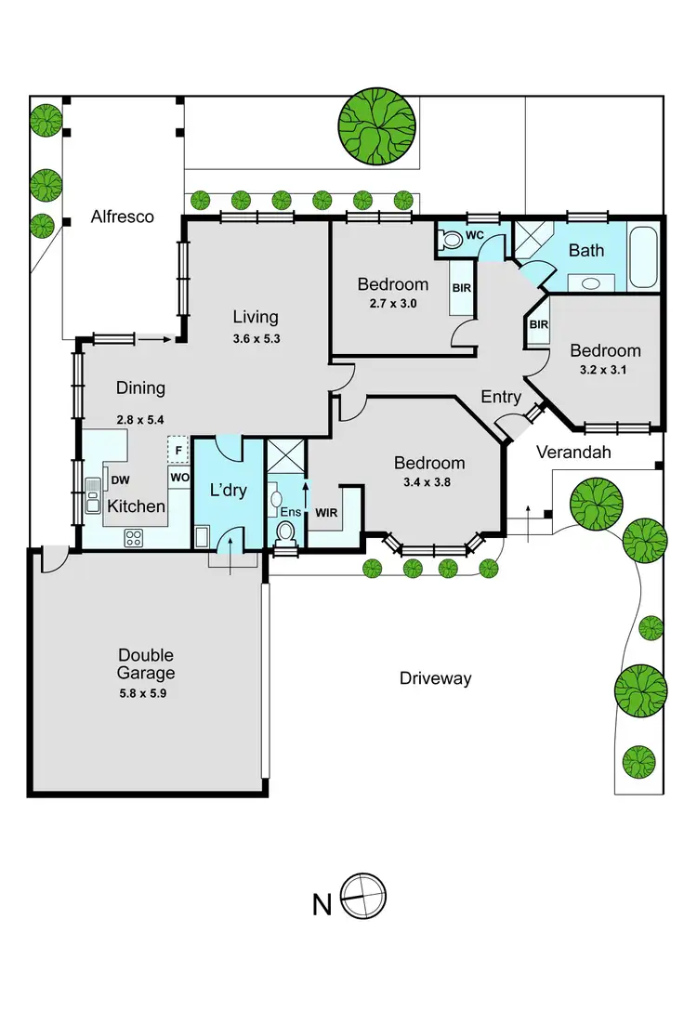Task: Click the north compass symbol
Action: coord(363,899)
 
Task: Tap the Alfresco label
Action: coord(122,217)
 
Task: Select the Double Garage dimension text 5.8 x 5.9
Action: coord(146,692)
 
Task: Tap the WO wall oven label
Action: coord(179,478)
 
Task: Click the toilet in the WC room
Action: coord(451,240)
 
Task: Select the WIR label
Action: coord(326,512)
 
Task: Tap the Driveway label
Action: coord(435,678)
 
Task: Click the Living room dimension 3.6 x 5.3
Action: coord(256,339)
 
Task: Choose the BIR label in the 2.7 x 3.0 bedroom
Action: coord(462,288)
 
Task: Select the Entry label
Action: coord(501,397)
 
